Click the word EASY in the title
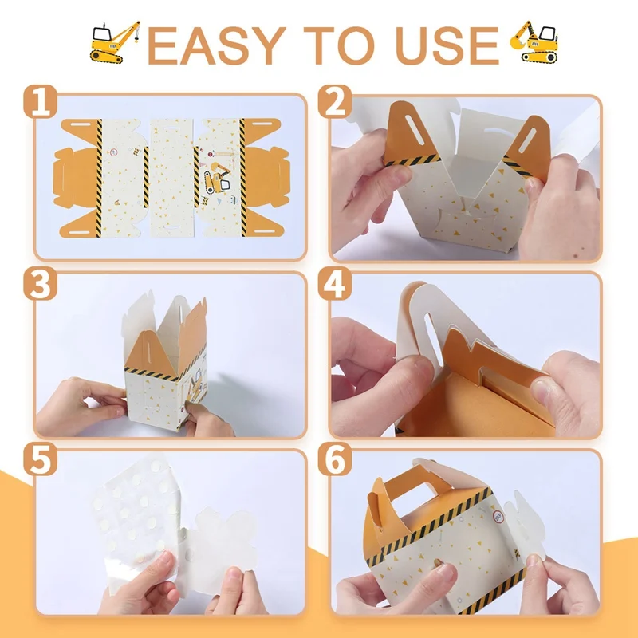(216, 45)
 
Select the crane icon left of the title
(114, 42)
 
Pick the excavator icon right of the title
(534, 41)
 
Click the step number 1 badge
(40, 102)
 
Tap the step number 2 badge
(335, 102)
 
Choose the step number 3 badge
(40, 283)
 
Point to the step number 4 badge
(335, 283)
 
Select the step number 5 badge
(40, 459)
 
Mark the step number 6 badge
(335, 459)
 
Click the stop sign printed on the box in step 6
(498, 517)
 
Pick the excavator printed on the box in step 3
(195, 386)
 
